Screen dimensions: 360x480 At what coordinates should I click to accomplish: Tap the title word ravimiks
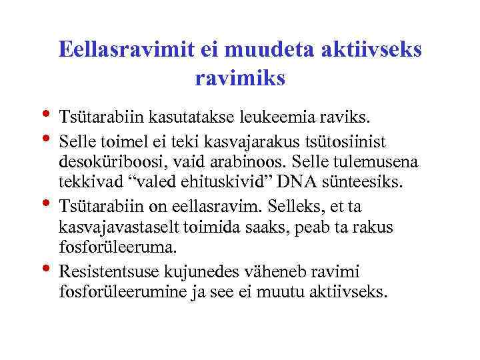point(240,79)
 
